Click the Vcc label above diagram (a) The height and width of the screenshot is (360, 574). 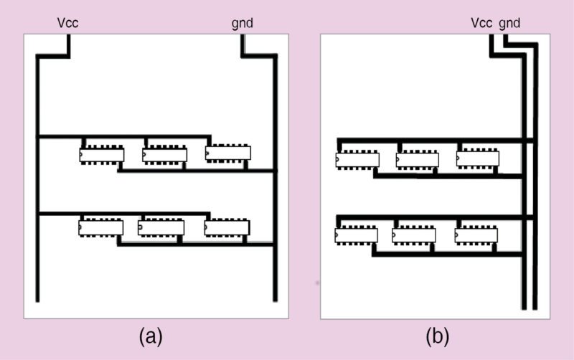pyautogui.click(x=67, y=24)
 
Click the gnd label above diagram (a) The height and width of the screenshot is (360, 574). pyautogui.click(x=243, y=24)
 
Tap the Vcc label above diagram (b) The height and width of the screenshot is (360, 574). pyautogui.click(x=481, y=23)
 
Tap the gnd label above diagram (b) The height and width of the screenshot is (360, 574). pyautogui.click(x=509, y=23)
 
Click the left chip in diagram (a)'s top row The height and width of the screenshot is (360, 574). pyautogui.click(x=101, y=155)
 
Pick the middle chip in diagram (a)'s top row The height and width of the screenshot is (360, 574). pyautogui.click(x=164, y=155)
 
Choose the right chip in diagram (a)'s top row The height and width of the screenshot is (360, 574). pyautogui.click(x=228, y=153)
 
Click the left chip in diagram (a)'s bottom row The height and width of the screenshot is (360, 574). pyautogui.click(x=101, y=228)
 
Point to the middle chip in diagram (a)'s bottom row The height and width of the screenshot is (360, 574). pyautogui.click(x=161, y=228)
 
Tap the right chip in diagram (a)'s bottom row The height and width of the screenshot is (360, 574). pyautogui.click(x=227, y=228)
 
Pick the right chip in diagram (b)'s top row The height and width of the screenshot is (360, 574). pyautogui.click(x=479, y=158)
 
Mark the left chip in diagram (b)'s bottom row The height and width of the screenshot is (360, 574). pyautogui.click(x=356, y=235)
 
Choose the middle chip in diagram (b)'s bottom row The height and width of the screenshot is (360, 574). pyautogui.click(x=414, y=235)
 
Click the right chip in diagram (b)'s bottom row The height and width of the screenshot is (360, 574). pyautogui.click(x=476, y=235)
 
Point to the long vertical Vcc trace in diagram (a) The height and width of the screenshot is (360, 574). pyautogui.click(x=37, y=215)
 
